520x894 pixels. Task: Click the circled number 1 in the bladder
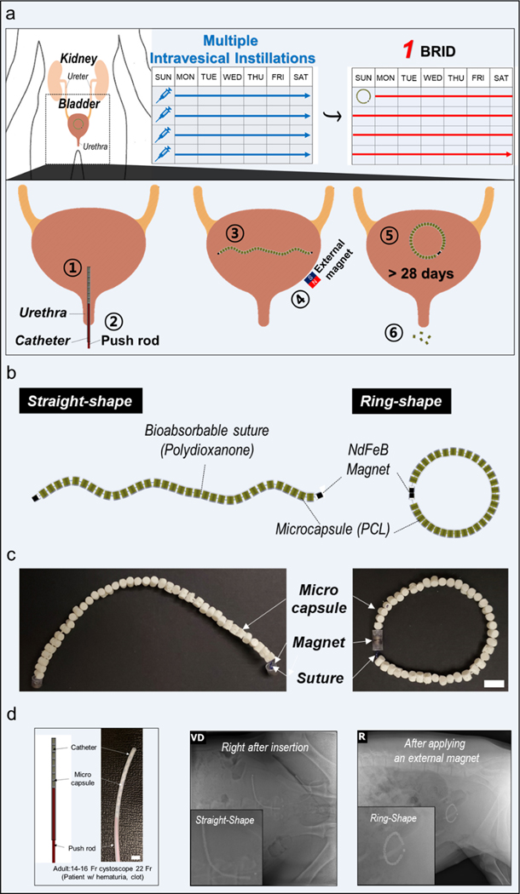(75, 266)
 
